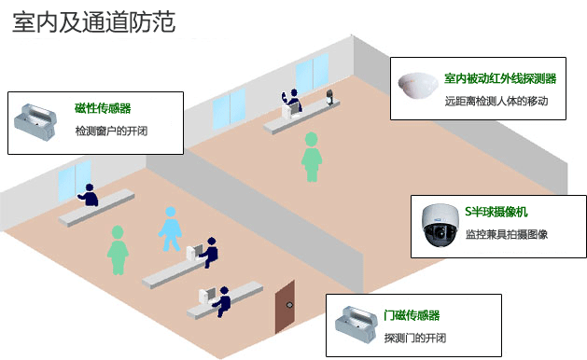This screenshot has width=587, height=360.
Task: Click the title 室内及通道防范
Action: coord(93,22)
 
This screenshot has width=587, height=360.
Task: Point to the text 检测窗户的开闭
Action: coord(111,132)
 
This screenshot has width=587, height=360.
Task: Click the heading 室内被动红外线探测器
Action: coord(500,79)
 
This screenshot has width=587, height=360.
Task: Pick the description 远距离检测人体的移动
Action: coord(496,101)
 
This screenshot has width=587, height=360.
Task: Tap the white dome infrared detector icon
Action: coord(416,87)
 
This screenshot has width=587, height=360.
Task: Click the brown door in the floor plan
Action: coord(286,307)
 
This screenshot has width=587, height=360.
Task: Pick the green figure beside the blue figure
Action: coord(118,250)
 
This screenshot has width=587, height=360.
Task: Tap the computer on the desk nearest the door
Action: coord(207,297)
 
